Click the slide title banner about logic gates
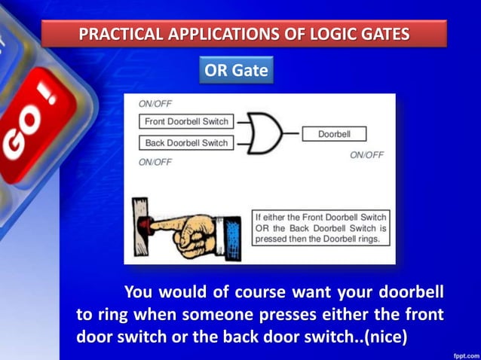pyautogui.click(x=244, y=34)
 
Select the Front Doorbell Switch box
pyautogui.click(x=186, y=121)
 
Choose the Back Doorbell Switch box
pyautogui.click(x=186, y=143)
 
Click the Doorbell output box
pyautogui.click(x=332, y=134)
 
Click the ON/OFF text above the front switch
pyautogui.click(x=155, y=104)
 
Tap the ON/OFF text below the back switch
pyautogui.click(x=155, y=162)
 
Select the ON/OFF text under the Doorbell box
pyautogui.click(x=367, y=155)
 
